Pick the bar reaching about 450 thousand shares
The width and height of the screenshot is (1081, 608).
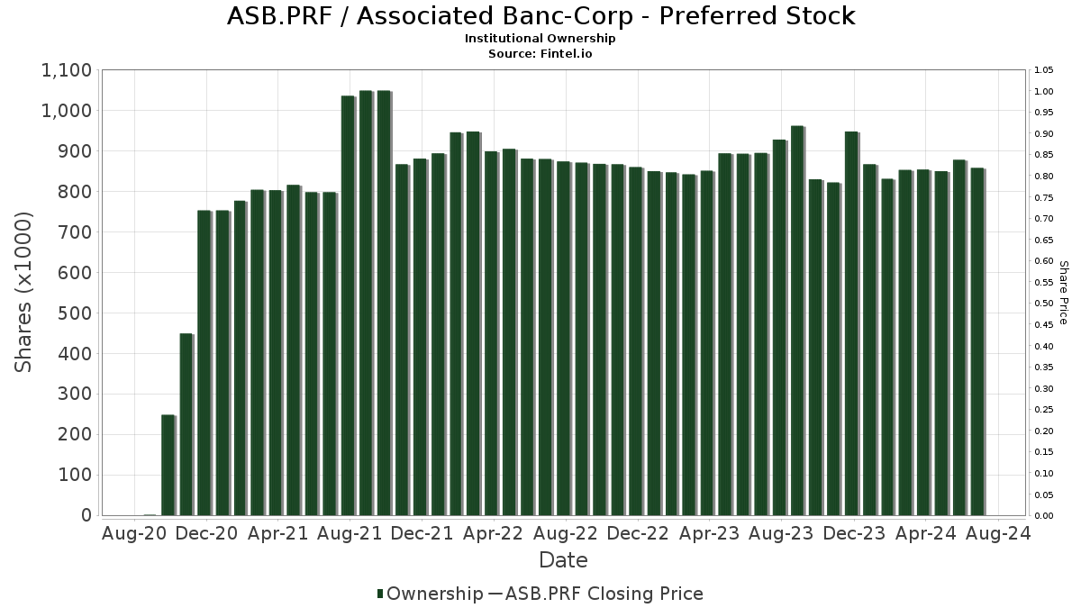pos(186,424)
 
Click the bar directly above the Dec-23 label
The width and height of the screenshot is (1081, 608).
pos(851,323)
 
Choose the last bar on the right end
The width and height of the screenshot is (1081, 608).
pos(977,341)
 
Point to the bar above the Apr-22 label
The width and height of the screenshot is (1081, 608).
pos(492,333)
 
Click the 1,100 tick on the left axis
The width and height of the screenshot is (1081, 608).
pos(66,70)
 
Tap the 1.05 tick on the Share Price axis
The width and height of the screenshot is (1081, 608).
pos(1044,70)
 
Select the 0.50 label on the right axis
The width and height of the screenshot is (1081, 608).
pos(1044,304)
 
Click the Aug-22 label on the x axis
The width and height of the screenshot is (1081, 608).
pos(565,533)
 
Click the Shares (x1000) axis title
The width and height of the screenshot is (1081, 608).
pos(24,292)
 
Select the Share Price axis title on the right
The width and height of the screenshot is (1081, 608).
pos(1064,292)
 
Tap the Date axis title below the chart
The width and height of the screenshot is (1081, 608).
pos(563,560)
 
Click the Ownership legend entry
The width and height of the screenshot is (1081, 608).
pos(430,594)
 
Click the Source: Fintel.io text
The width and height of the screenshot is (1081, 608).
pos(540,53)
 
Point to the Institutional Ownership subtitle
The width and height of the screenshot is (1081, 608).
pos(540,39)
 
